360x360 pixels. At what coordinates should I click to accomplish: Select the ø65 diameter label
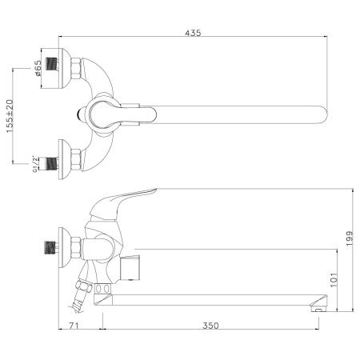click(38, 70)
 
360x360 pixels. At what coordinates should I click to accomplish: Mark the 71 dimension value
click(73, 326)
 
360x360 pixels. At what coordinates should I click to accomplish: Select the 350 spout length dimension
click(210, 326)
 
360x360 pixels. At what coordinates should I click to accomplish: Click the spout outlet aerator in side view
click(318, 303)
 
